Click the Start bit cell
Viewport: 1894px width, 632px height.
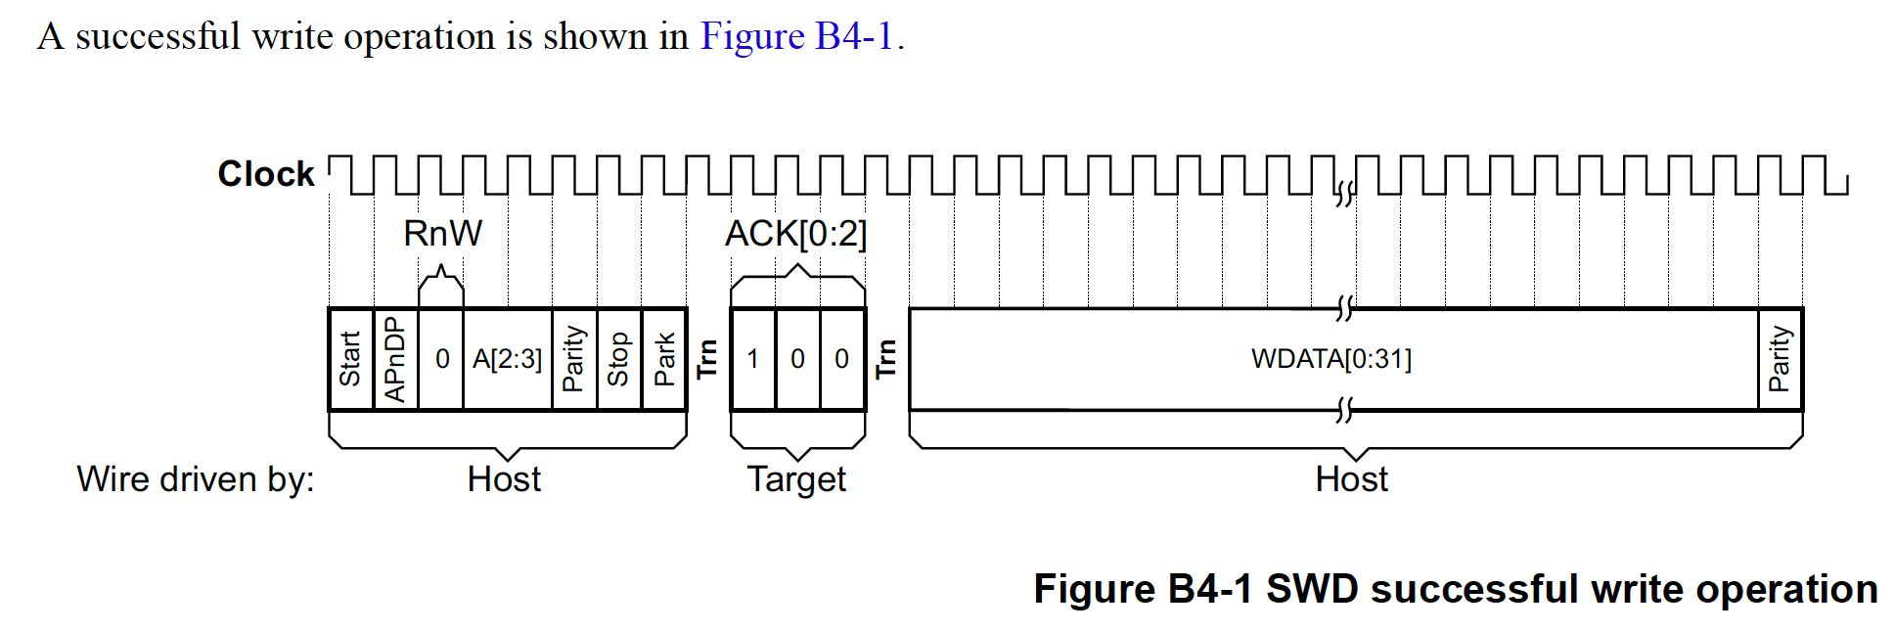point(350,359)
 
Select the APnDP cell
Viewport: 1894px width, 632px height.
point(395,359)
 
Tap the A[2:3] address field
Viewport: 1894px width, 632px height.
point(507,359)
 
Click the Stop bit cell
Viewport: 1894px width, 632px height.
point(618,359)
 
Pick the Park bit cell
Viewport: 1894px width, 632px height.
point(664,359)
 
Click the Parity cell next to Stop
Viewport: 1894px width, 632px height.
point(573,359)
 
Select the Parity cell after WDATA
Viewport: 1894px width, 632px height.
point(1780,359)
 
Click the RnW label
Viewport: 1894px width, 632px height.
point(442,234)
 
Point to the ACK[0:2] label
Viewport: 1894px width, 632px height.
point(795,234)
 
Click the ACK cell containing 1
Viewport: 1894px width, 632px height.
point(752,359)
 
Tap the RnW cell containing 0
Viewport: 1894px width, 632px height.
point(442,359)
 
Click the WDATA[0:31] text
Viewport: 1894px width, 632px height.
point(1330,359)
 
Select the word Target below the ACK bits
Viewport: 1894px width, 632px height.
point(796,479)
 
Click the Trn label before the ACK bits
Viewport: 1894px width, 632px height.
point(707,359)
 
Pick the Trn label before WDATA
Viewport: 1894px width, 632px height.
point(886,359)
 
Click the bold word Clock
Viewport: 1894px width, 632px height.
point(266,174)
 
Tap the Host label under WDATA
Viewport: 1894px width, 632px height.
point(1351,479)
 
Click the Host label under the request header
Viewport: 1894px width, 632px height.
point(504,479)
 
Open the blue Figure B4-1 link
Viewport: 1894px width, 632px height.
point(796,36)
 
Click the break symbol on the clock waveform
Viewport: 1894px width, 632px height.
point(1345,193)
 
